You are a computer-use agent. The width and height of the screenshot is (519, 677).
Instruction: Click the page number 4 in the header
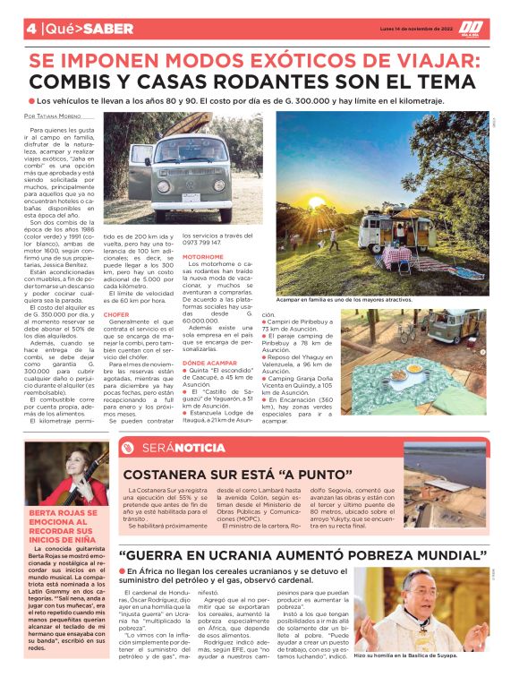(x=31, y=28)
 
